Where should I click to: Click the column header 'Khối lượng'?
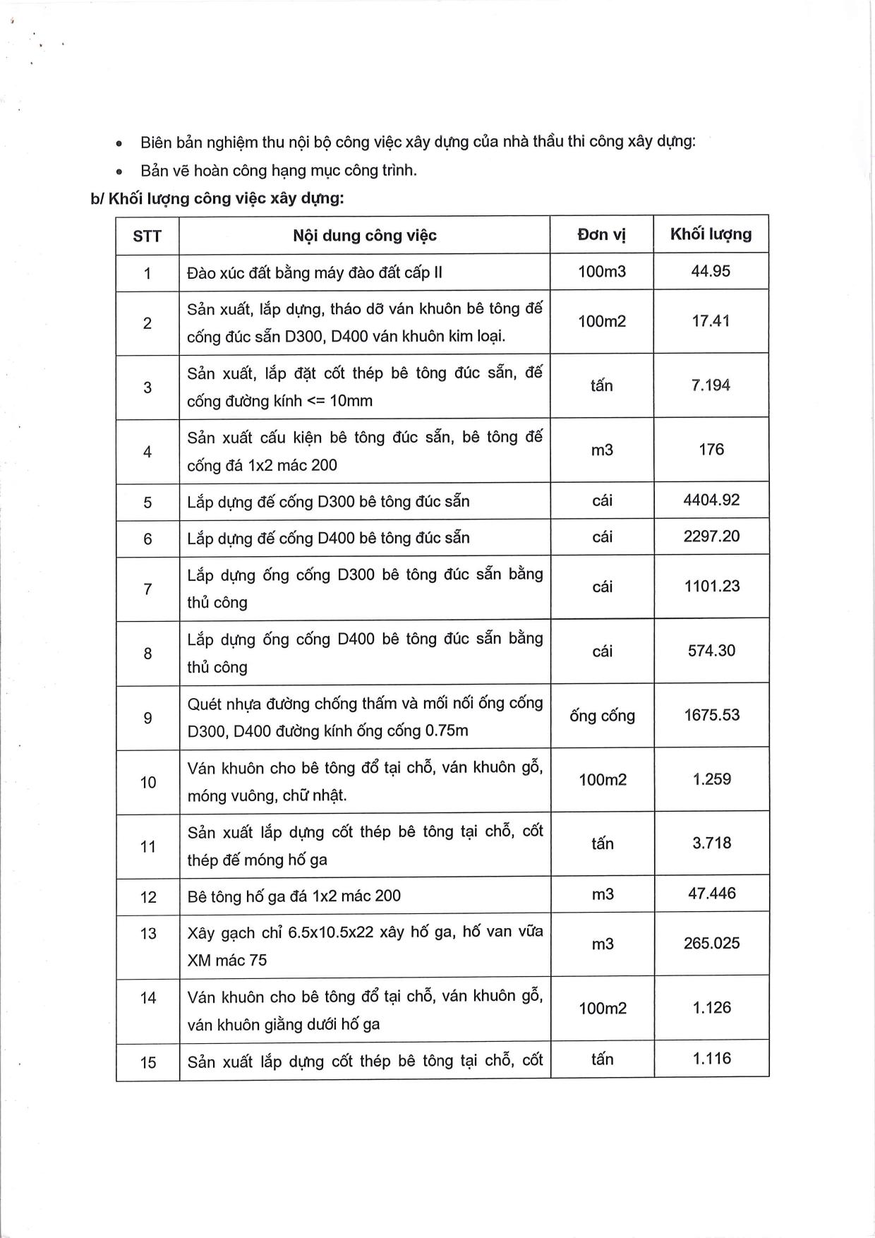711,234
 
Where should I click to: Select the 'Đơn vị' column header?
601,235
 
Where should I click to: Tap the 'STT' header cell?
147,236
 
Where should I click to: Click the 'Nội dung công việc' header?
364,235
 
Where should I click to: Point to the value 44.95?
711,272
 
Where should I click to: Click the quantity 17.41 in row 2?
711,321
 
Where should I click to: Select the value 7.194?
711,385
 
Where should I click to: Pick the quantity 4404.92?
711,500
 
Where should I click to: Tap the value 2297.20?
711,536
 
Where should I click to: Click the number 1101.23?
711,587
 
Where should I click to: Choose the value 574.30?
711,651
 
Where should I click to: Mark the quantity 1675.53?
711,715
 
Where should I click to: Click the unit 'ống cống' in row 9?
602,716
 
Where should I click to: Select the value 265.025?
711,944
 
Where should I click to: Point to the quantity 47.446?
711,894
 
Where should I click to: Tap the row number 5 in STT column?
147,503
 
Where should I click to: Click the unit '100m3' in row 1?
601,272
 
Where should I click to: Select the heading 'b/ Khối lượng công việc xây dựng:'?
217,198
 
